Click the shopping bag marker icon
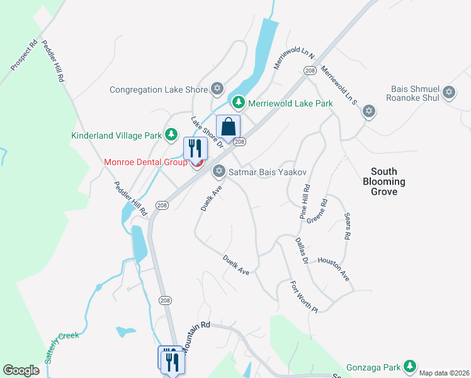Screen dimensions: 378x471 229,127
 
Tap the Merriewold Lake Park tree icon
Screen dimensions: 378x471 238,102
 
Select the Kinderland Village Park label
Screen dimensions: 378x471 117,135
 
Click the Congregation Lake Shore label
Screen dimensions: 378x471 159,89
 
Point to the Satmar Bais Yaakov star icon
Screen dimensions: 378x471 219,170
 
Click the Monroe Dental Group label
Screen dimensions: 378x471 146,163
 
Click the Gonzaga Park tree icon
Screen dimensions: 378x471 410,365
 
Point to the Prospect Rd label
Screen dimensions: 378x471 25,56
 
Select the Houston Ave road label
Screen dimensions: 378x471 333,268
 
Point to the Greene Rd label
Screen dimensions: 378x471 317,212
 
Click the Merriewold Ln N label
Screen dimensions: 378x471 293,57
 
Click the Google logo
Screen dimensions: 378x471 21,370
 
